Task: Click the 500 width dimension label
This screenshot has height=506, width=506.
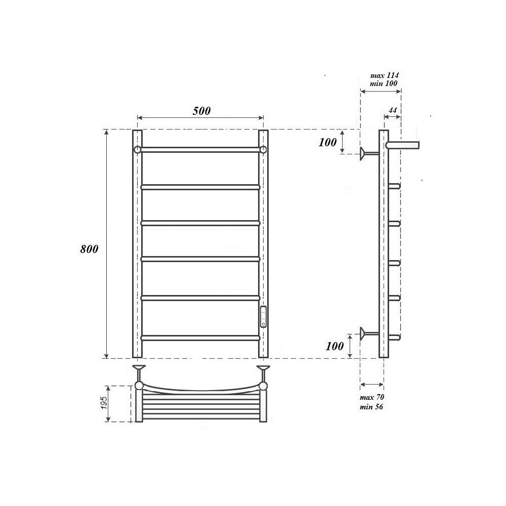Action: [x=201, y=111]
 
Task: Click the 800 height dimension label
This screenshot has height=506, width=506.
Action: [x=89, y=249]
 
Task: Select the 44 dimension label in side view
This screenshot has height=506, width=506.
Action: [x=392, y=110]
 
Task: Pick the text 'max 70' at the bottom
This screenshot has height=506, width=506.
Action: [x=372, y=398]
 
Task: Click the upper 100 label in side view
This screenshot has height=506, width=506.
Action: [x=327, y=142]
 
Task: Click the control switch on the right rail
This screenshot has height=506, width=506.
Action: [x=263, y=317]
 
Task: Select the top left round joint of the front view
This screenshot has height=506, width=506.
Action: [x=137, y=149]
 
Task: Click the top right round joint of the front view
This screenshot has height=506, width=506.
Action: [x=263, y=149]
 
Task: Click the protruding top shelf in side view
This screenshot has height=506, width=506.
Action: [x=403, y=145]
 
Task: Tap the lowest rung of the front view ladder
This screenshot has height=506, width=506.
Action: [x=200, y=338]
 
